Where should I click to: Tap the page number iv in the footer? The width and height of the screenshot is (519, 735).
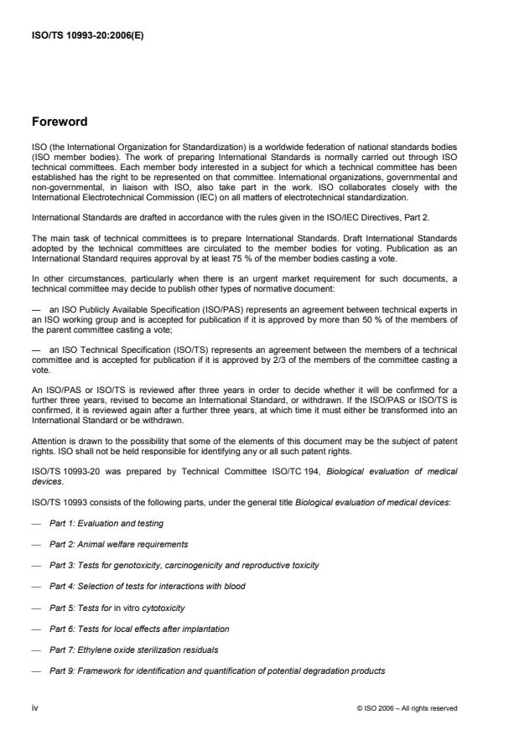click(x=35, y=707)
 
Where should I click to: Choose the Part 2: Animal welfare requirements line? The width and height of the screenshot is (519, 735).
click(x=118, y=544)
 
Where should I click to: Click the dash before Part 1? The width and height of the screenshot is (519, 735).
click(x=35, y=522)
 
